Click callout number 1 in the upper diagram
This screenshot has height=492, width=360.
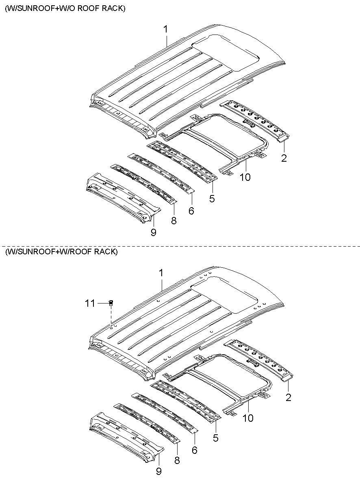(x=165, y=29)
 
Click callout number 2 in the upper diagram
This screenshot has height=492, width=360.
(x=284, y=158)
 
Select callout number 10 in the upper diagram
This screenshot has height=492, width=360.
(x=245, y=177)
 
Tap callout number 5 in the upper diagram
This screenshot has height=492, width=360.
(x=212, y=199)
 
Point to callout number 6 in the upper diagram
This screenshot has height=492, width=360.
(x=191, y=211)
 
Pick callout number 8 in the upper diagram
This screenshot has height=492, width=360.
(x=173, y=221)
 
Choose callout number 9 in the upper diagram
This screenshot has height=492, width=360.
(x=153, y=232)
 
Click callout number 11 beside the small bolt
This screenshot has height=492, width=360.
(x=90, y=303)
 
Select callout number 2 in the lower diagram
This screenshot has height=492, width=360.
(x=288, y=397)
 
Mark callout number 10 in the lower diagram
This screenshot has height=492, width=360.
(x=247, y=417)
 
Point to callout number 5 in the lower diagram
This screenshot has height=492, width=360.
(x=215, y=438)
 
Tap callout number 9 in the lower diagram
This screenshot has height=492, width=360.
(x=158, y=471)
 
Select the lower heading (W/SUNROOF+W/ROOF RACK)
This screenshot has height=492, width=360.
(x=61, y=252)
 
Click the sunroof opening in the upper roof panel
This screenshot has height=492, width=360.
(x=228, y=51)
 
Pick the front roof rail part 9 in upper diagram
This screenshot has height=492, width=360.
(x=122, y=195)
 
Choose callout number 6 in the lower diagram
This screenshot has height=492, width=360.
(x=194, y=450)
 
